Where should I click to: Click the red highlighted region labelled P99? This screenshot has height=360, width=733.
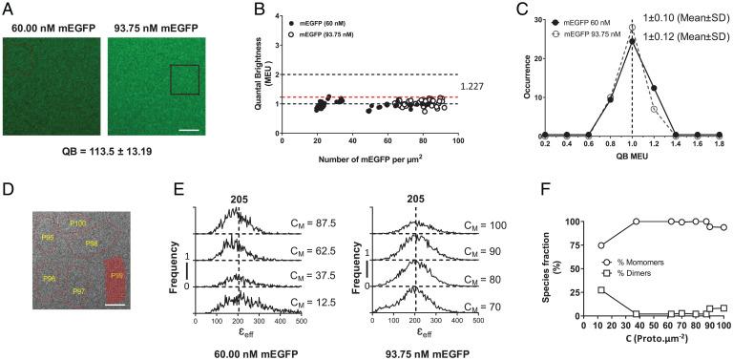tap(116, 278)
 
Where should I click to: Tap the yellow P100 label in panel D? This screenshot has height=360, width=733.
tap(78, 222)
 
